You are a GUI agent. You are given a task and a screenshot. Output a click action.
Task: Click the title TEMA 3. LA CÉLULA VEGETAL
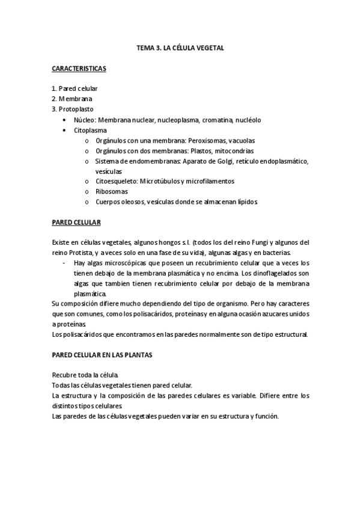click(x=180, y=48)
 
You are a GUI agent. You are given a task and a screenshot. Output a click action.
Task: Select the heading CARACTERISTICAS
click(x=79, y=69)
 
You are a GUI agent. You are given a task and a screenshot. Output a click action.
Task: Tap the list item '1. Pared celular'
click(x=75, y=88)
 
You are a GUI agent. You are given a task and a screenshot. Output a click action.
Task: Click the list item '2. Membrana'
click(x=72, y=99)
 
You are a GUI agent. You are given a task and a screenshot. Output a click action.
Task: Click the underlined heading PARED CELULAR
click(x=76, y=223)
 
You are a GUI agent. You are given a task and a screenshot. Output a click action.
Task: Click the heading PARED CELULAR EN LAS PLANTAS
click(x=102, y=355)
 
